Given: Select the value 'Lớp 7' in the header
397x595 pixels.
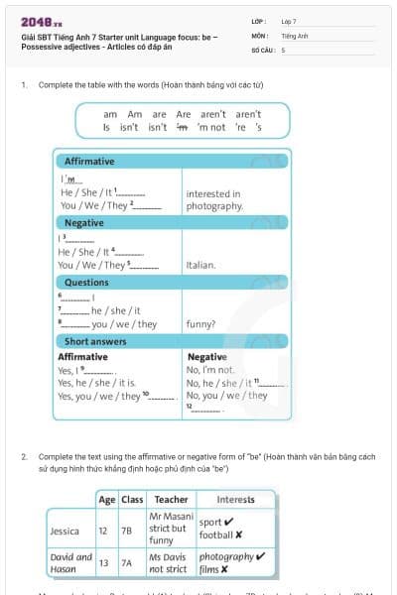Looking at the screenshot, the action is [x=289, y=21].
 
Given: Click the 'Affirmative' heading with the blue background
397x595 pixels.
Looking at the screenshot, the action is [x=89, y=162].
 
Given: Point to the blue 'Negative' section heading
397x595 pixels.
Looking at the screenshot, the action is [x=84, y=223].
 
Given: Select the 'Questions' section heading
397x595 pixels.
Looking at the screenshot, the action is [x=86, y=283].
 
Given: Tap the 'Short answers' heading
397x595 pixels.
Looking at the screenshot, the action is [x=95, y=341].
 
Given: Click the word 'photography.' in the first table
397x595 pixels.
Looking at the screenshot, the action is [x=214, y=206].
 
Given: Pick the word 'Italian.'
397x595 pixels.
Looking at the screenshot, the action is [x=201, y=265].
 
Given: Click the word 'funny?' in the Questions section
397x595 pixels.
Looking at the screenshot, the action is [x=200, y=324].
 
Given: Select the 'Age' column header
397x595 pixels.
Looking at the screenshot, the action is [x=107, y=499].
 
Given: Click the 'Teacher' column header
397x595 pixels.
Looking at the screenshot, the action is [x=171, y=499].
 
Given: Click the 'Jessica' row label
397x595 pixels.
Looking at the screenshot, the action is [x=65, y=531].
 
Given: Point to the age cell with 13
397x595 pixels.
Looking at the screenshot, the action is [x=104, y=562].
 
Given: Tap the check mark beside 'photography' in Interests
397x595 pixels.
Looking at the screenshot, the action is [x=260, y=556].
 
